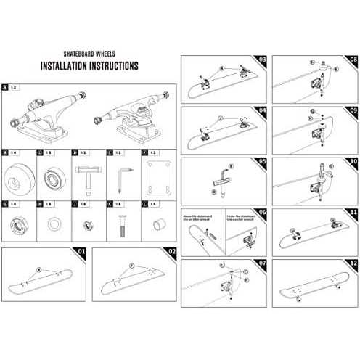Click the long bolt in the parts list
click(121, 224)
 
